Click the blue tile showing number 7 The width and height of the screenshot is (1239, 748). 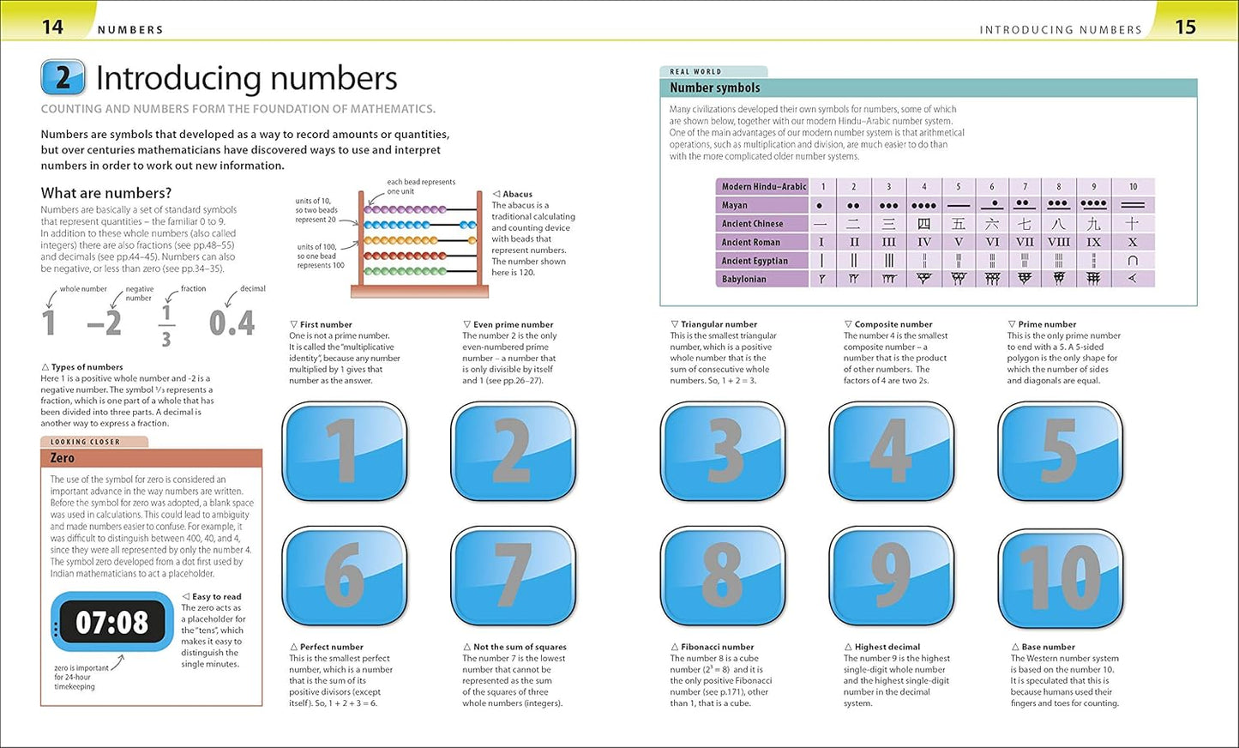coord(513,576)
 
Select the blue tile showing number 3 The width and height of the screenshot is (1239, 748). coord(723,451)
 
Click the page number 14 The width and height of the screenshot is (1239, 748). coord(52,27)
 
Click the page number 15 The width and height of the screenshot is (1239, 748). coord(1185,27)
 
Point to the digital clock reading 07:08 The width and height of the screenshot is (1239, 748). coord(111,622)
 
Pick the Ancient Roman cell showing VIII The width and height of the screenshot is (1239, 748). coord(1058,242)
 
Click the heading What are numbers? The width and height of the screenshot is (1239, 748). coord(106,193)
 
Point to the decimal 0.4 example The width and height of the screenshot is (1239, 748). coord(232,323)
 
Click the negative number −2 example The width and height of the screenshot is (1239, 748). coord(104,323)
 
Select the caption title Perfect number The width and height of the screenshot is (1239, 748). coord(331,647)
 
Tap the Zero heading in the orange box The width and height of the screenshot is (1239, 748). coord(62,458)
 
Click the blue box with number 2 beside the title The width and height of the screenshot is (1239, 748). coord(63,78)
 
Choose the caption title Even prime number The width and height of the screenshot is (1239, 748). coord(513,324)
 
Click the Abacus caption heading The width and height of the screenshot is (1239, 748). coord(517,194)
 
